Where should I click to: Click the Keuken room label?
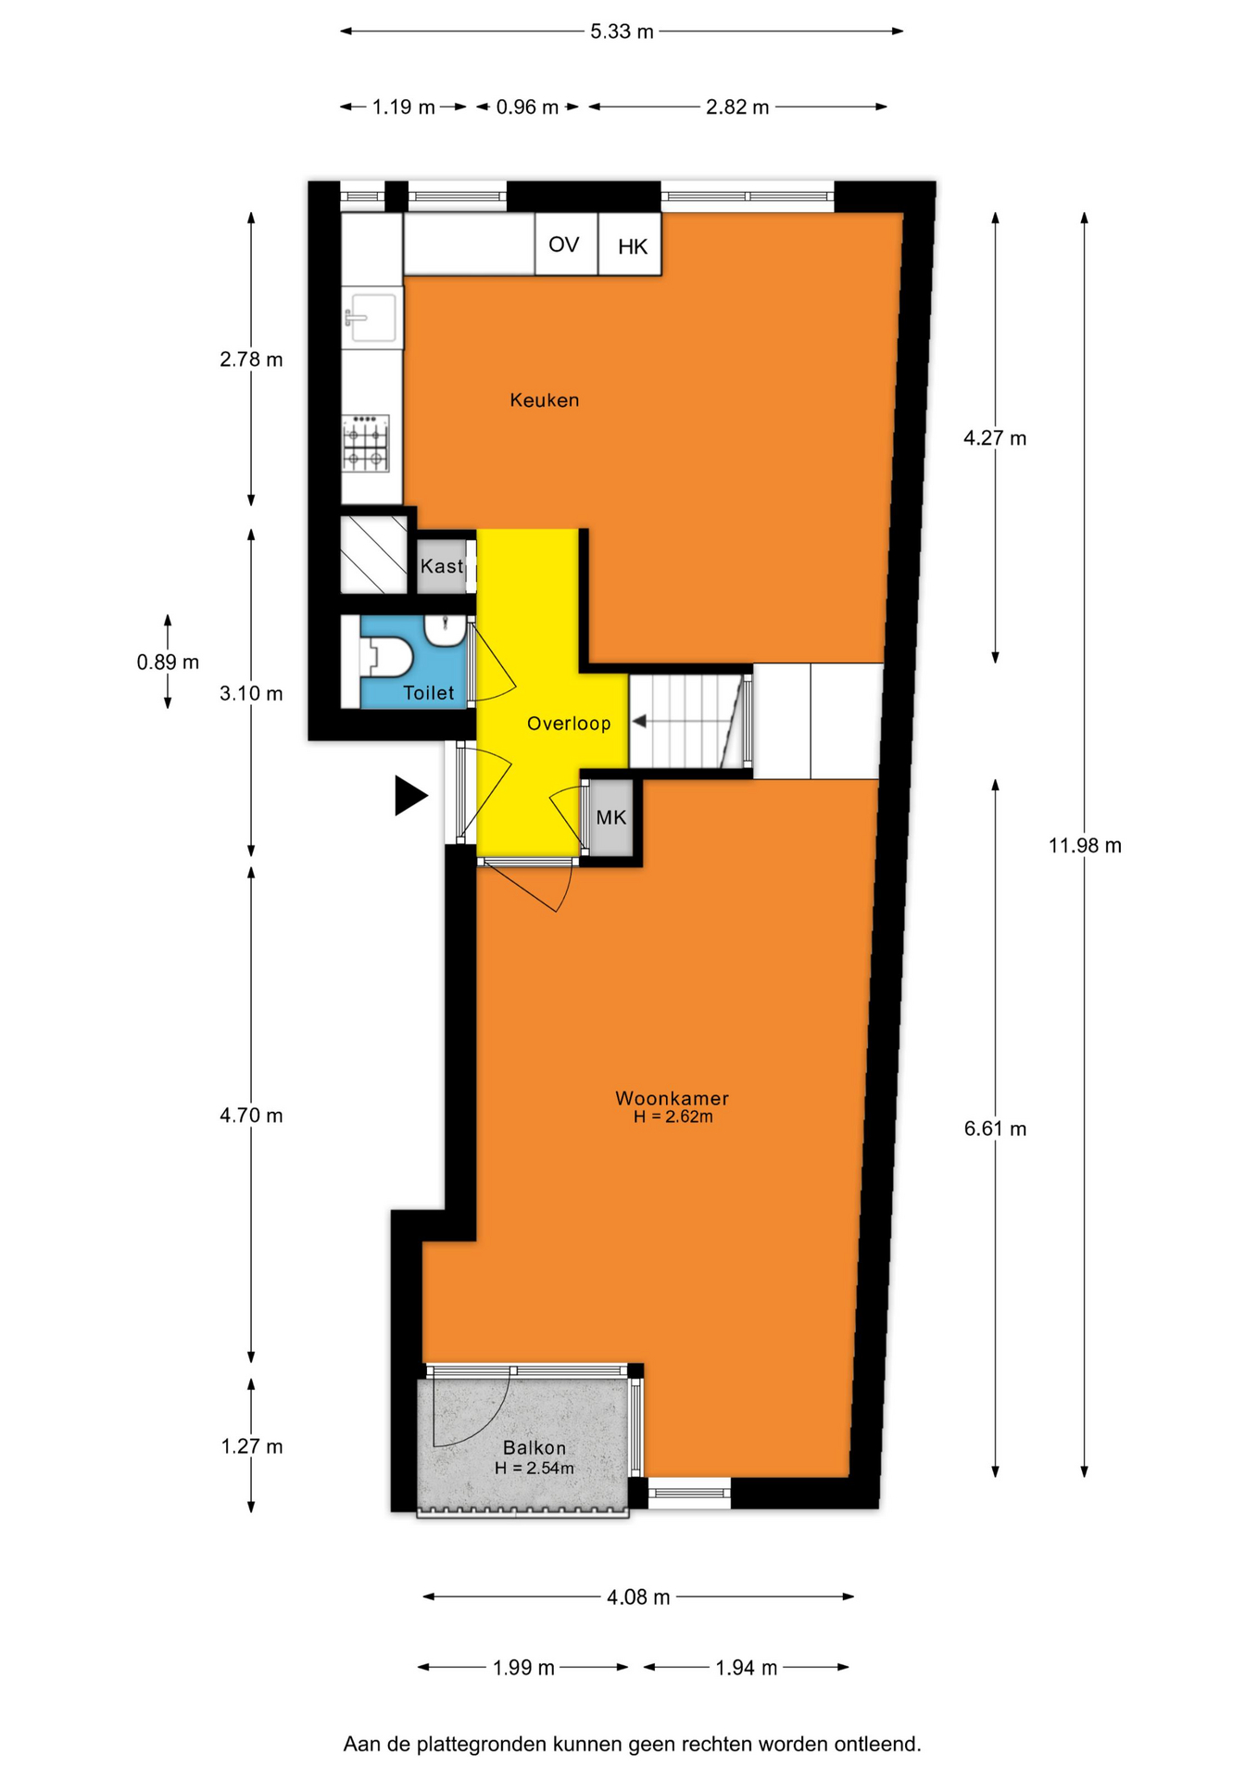point(545,400)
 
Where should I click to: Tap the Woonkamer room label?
point(672,1098)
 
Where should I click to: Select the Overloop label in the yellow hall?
point(569,724)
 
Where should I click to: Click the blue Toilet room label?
point(429,692)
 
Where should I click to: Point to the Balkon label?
point(535,1447)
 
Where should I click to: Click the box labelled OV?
point(565,245)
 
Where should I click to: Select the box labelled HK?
point(630,245)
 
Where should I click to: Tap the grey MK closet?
point(611,817)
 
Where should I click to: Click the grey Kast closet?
point(442,565)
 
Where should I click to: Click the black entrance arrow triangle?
point(410,795)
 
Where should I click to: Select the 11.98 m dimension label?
point(1085,845)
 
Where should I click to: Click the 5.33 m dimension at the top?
point(622,32)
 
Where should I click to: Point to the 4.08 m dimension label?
point(638,1597)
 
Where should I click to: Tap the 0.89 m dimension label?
point(168,662)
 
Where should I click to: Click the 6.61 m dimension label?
point(996,1129)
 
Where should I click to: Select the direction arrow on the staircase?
point(686,721)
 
